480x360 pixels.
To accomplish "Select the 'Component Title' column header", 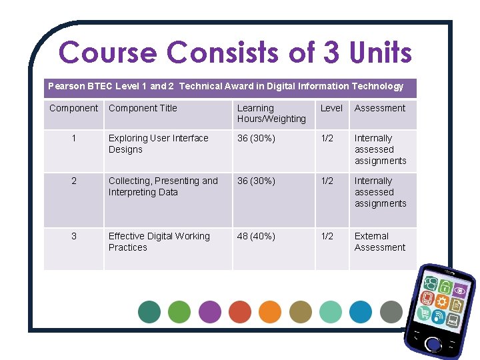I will point(143,108).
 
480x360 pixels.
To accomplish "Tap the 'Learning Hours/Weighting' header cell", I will point(271,113).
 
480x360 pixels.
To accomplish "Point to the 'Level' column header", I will point(331,108).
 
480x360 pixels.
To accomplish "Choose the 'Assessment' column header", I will point(380,108).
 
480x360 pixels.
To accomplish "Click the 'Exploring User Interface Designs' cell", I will point(159,144).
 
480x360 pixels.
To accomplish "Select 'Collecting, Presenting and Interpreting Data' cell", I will point(163,187).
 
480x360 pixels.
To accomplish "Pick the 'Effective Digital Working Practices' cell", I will point(159,242).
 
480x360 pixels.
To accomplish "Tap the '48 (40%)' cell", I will point(256,236).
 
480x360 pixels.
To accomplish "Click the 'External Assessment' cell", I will point(380,242).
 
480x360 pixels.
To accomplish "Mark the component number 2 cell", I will point(73,181).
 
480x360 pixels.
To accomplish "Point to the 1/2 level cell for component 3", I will point(327,236).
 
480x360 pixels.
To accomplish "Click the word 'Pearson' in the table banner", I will point(67,86).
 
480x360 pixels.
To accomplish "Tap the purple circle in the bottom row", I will point(210,311).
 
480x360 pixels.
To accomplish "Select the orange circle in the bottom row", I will point(270,311).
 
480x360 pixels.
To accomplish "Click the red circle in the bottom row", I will point(240,311).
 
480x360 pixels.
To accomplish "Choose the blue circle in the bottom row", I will point(361,311).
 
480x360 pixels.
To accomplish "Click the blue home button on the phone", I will point(433,344).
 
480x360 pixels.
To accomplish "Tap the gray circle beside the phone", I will point(391,311).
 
